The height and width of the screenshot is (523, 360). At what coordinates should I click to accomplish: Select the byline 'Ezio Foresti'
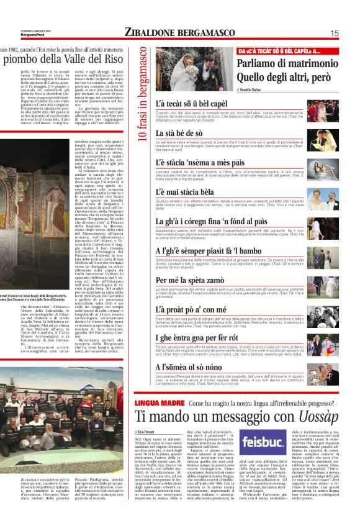coord(148,430)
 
